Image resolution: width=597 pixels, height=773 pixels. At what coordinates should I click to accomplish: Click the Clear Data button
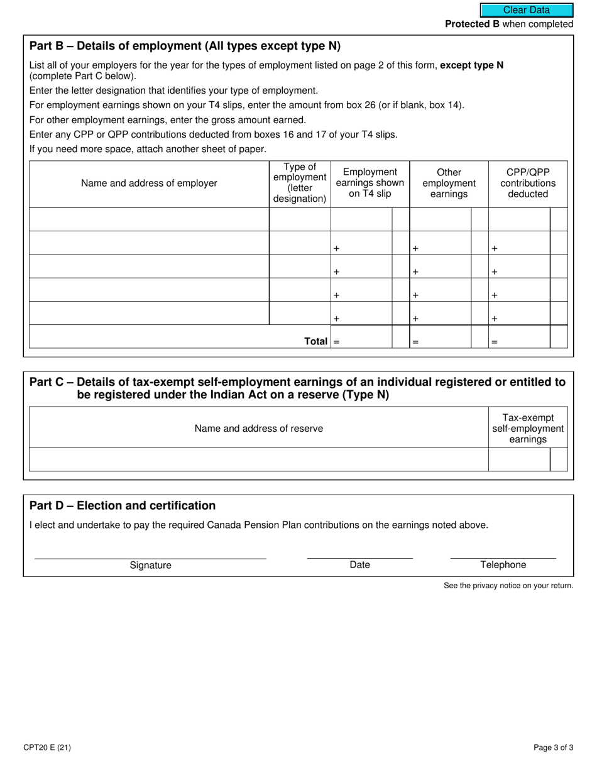(527, 10)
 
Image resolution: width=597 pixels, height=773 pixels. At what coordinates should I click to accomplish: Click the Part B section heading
(185, 46)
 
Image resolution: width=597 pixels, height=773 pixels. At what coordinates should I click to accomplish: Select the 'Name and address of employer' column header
(149, 184)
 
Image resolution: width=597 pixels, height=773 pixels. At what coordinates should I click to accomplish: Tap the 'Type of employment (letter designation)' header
(300, 184)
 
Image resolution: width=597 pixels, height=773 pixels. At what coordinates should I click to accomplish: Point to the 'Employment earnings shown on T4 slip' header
(370, 183)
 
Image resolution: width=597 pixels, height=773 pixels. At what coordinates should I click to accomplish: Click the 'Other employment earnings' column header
(449, 183)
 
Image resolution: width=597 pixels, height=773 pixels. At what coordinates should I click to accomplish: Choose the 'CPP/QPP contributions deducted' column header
(528, 183)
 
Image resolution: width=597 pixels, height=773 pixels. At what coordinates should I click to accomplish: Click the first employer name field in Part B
(149, 219)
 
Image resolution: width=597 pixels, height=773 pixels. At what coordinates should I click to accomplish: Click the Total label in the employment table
(315, 341)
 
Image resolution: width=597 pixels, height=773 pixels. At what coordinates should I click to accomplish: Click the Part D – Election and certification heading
(123, 506)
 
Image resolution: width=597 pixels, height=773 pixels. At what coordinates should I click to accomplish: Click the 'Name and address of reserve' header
(259, 428)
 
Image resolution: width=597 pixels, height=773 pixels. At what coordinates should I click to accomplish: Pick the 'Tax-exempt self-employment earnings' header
(528, 428)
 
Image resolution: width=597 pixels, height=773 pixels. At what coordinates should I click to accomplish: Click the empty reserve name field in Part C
(259, 459)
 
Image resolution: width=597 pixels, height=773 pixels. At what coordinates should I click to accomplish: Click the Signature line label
(150, 565)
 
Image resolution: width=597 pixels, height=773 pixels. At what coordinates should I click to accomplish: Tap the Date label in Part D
(359, 564)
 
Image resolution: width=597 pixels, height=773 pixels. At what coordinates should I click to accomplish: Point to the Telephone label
(503, 564)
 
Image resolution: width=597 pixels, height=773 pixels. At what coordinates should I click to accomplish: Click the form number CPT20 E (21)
(47, 748)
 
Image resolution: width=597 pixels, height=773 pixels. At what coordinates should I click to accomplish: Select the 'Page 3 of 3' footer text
(553, 748)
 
